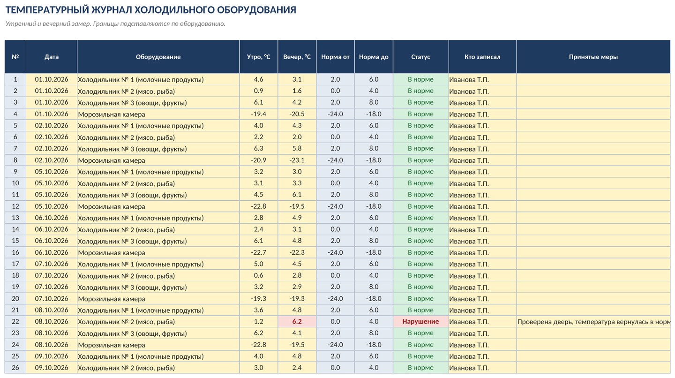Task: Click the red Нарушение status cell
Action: click(x=420, y=322)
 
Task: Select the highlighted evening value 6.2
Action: click(x=297, y=322)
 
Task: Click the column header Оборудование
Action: click(x=158, y=57)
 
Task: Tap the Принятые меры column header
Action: click(x=593, y=57)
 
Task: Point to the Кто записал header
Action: click(x=482, y=57)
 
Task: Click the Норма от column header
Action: click(x=336, y=57)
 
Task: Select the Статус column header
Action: click(x=420, y=57)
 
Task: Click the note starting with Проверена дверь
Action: click(x=593, y=322)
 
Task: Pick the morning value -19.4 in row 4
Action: click(x=259, y=114)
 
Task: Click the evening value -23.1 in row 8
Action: click(x=297, y=160)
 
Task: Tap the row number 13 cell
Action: click(x=15, y=218)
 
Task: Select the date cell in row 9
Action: click(x=52, y=172)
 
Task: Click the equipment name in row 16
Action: click(x=112, y=253)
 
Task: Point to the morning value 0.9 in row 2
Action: click(x=259, y=91)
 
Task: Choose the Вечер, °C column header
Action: click(x=297, y=57)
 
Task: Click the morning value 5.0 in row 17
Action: click(x=259, y=264)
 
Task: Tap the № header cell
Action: click(x=15, y=57)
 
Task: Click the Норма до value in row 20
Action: click(x=374, y=298)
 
